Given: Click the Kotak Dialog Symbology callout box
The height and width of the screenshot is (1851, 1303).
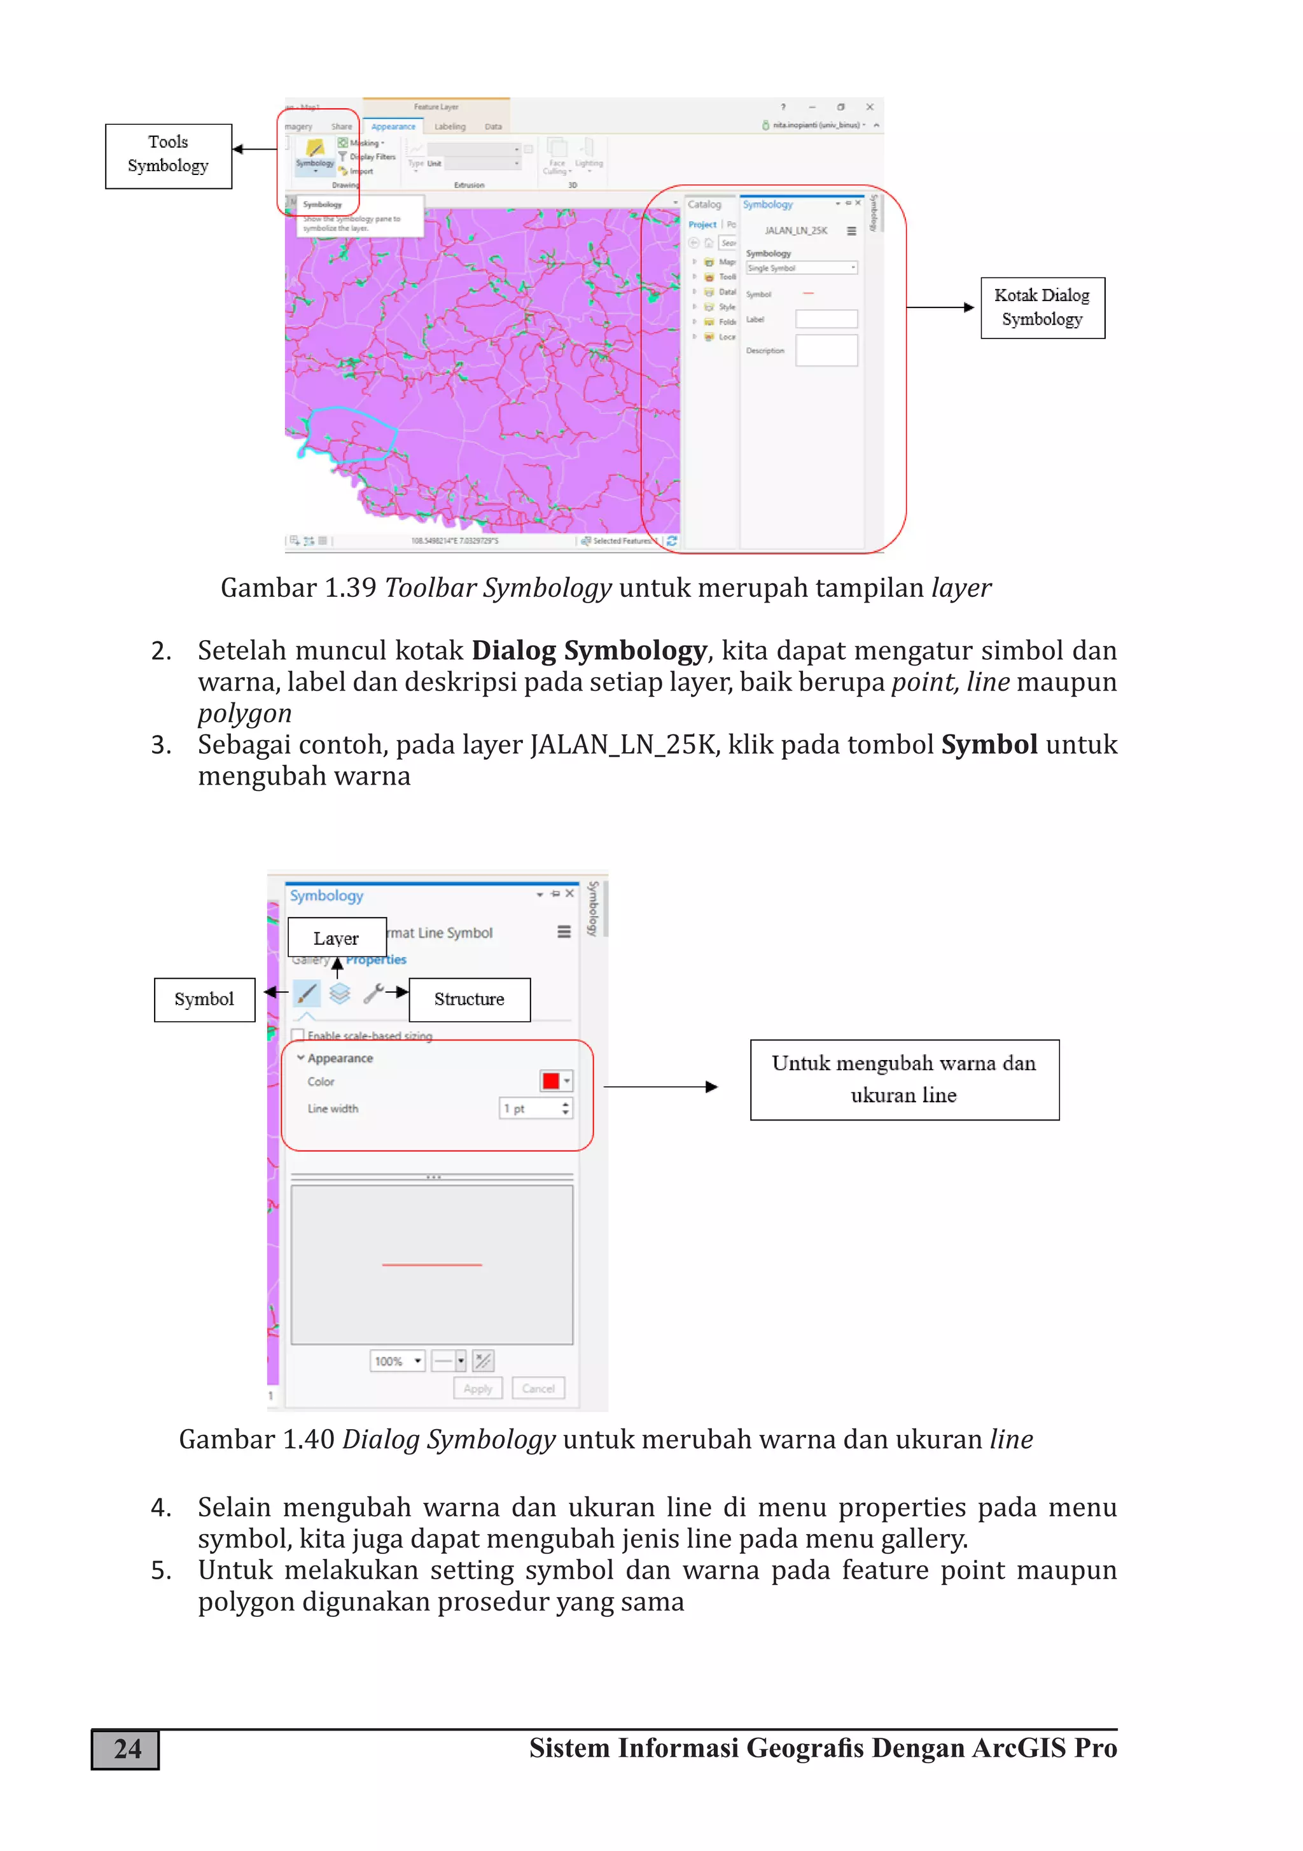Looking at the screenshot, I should pos(1042,307).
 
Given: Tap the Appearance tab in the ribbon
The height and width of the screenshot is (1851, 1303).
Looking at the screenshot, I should pos(393,127).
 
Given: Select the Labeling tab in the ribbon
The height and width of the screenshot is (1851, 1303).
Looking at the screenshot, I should pos(450,127).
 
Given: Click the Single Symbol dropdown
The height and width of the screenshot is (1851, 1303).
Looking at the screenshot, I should pos(800,268).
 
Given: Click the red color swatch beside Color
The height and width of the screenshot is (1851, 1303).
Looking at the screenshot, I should pos(552,1081).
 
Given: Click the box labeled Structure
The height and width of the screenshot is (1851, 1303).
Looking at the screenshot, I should pos(470,1000).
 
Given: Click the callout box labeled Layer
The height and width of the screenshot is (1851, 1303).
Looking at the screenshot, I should pos(336,939).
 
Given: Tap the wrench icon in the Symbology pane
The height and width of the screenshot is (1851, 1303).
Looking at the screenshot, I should pos(373,993).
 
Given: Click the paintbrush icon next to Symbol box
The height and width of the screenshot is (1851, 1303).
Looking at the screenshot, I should pos(307,993).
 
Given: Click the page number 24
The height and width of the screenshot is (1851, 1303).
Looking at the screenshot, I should pos(126,1749).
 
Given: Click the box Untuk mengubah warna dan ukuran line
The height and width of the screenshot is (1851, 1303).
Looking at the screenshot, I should pos(904,1079).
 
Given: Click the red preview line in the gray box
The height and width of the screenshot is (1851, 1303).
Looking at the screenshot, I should pos(431,1265).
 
